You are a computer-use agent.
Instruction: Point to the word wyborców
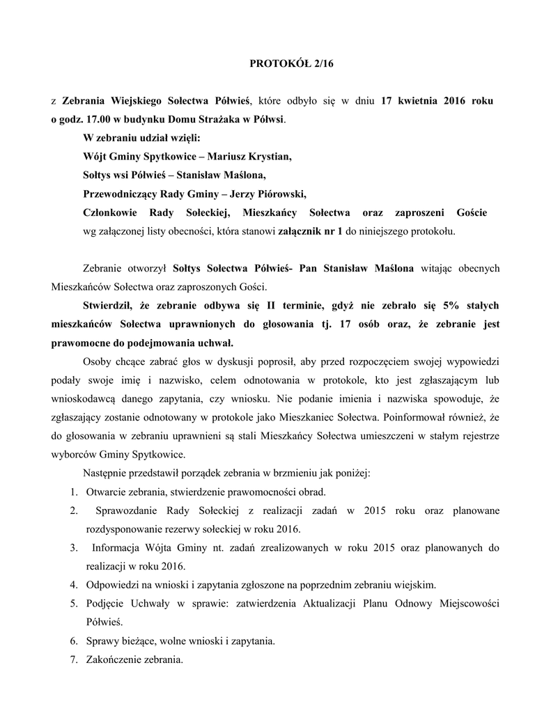pyautogui.click(x=73, y=455)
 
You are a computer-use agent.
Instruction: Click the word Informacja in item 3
pyautogui.click(x=118, y=549)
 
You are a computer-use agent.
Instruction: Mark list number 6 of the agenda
pyautogui.click(x=74, y=640)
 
